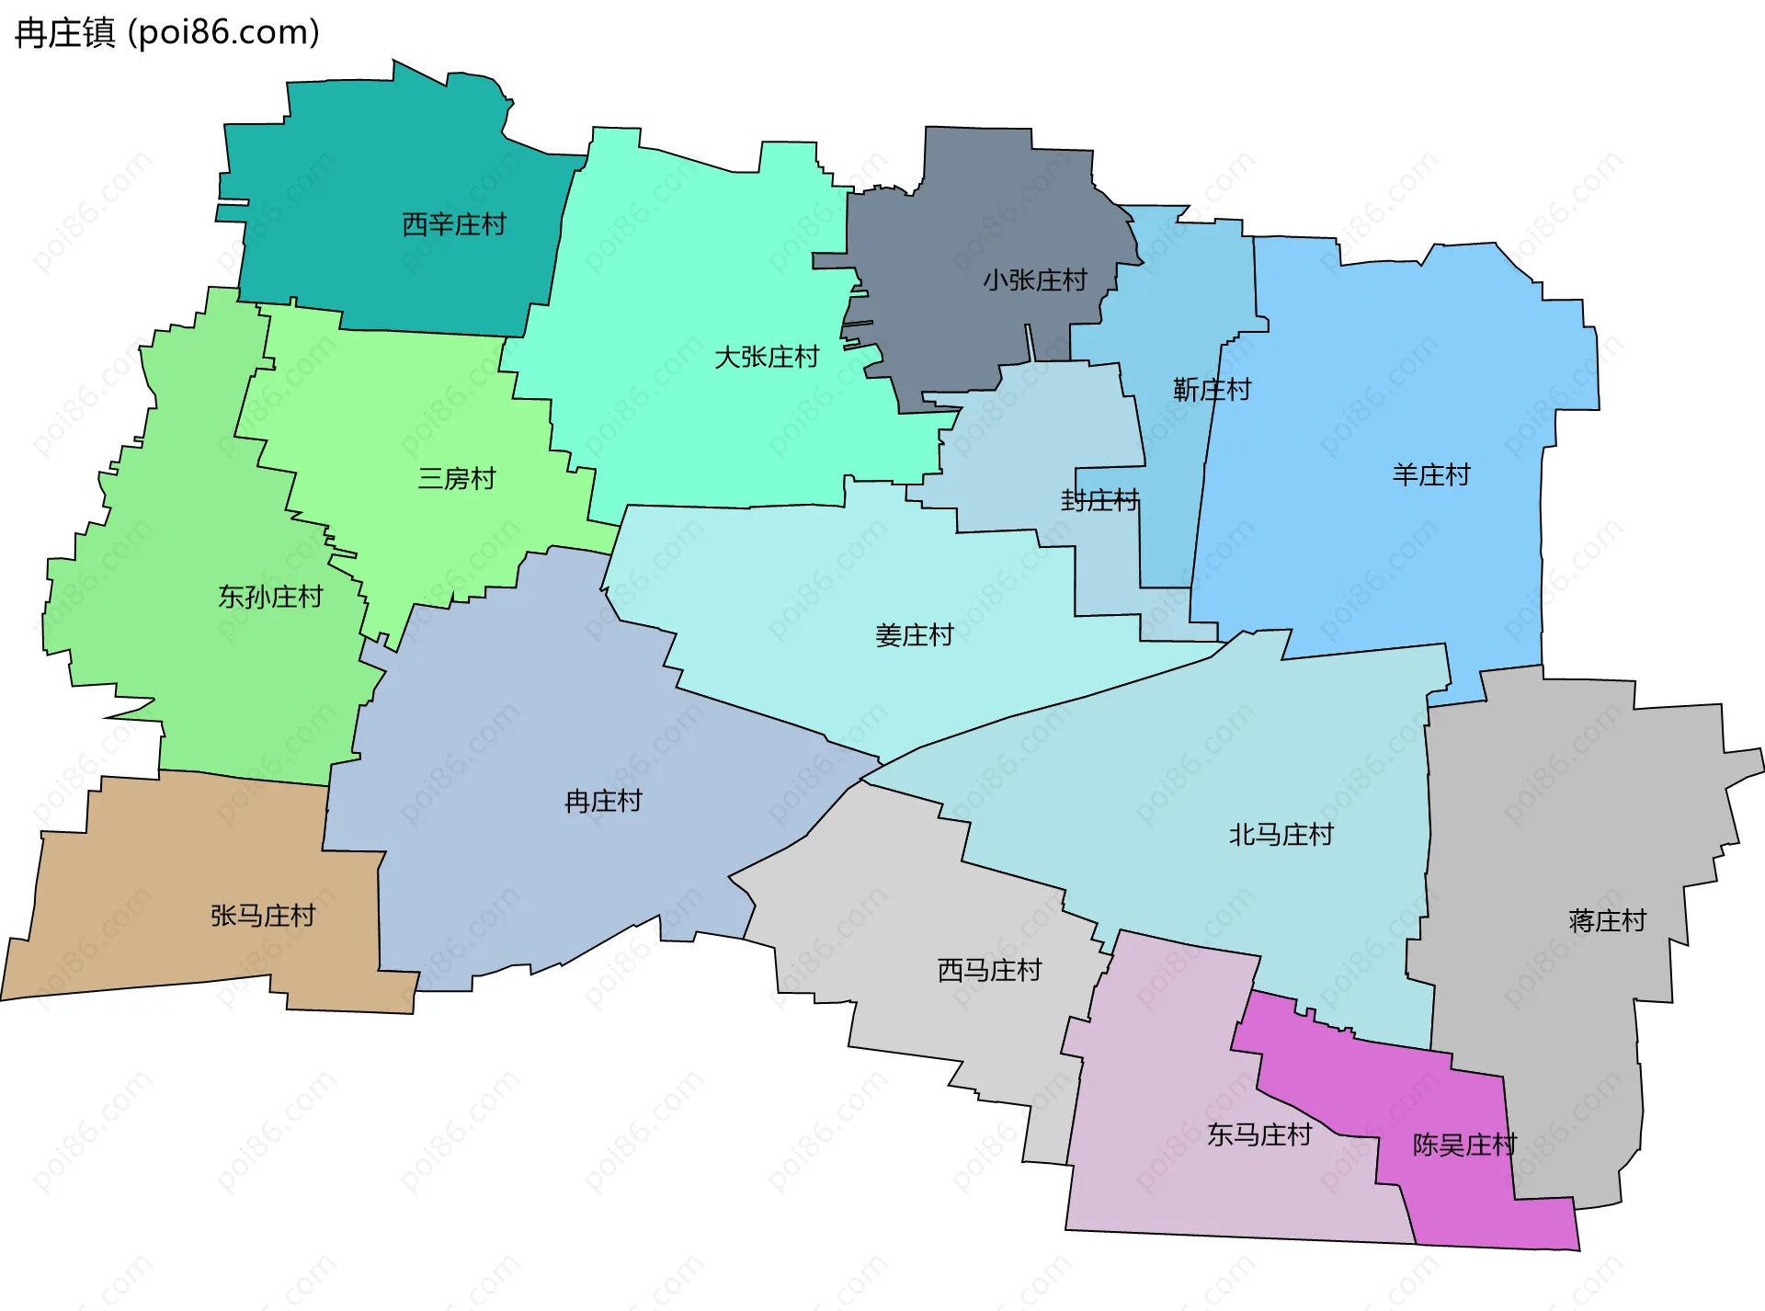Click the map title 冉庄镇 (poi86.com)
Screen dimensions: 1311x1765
coord(167,33)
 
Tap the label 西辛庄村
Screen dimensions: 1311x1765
coord(454,224)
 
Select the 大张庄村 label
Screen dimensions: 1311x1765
coord(767,357)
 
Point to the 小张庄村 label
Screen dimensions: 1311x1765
coord(1035,279)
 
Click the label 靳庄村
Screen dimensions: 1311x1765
coord(1212,390)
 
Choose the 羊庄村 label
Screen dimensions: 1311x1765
coord(1431,474)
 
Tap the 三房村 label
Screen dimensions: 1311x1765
coord(457,478)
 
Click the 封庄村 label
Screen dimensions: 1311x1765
coord(1099,500)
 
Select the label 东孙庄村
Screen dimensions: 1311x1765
coord(270,597)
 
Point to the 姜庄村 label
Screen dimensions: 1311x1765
coord(914,635)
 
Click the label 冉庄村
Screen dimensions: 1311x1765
coord(603,801)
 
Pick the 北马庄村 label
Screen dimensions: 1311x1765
coord(1281,835)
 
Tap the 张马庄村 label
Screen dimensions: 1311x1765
coord(263,916)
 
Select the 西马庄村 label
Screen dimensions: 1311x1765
coord(989,970)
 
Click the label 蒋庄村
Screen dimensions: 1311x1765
coord(1607,920)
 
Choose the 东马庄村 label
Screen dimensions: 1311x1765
coord(1258,1134)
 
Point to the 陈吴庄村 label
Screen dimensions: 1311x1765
coord(1464,1145)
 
